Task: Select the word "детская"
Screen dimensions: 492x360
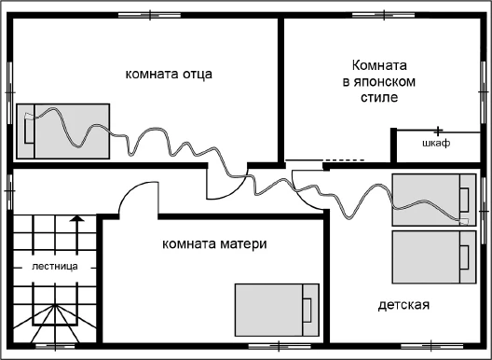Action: coord(403,306)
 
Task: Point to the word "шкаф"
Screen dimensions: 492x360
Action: coord(435,144)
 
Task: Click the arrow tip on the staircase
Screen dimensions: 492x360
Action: coord(76,216)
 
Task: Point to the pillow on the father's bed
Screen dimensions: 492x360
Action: coord(27,131)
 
